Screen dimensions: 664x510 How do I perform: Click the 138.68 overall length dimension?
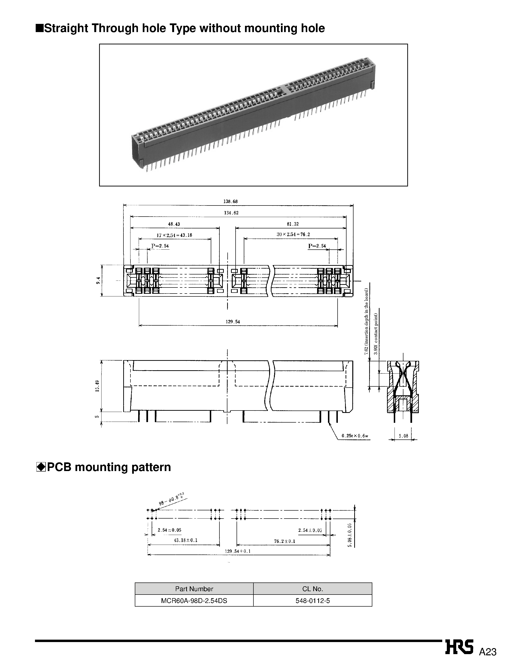tap(231, 202)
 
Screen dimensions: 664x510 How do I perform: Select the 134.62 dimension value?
tap(231, 213)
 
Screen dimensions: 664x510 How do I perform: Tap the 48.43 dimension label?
tap(174, 224)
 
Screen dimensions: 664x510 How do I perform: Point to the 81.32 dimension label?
tap(293, 224)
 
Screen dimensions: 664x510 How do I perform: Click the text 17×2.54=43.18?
tap(174, 235)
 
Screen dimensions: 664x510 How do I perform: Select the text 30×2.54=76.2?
tap(293, 234)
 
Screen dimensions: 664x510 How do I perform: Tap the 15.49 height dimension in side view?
tap(97, 386)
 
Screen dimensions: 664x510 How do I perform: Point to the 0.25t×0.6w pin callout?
tap(354, 436)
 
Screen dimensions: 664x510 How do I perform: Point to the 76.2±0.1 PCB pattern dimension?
tap(285, 541)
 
